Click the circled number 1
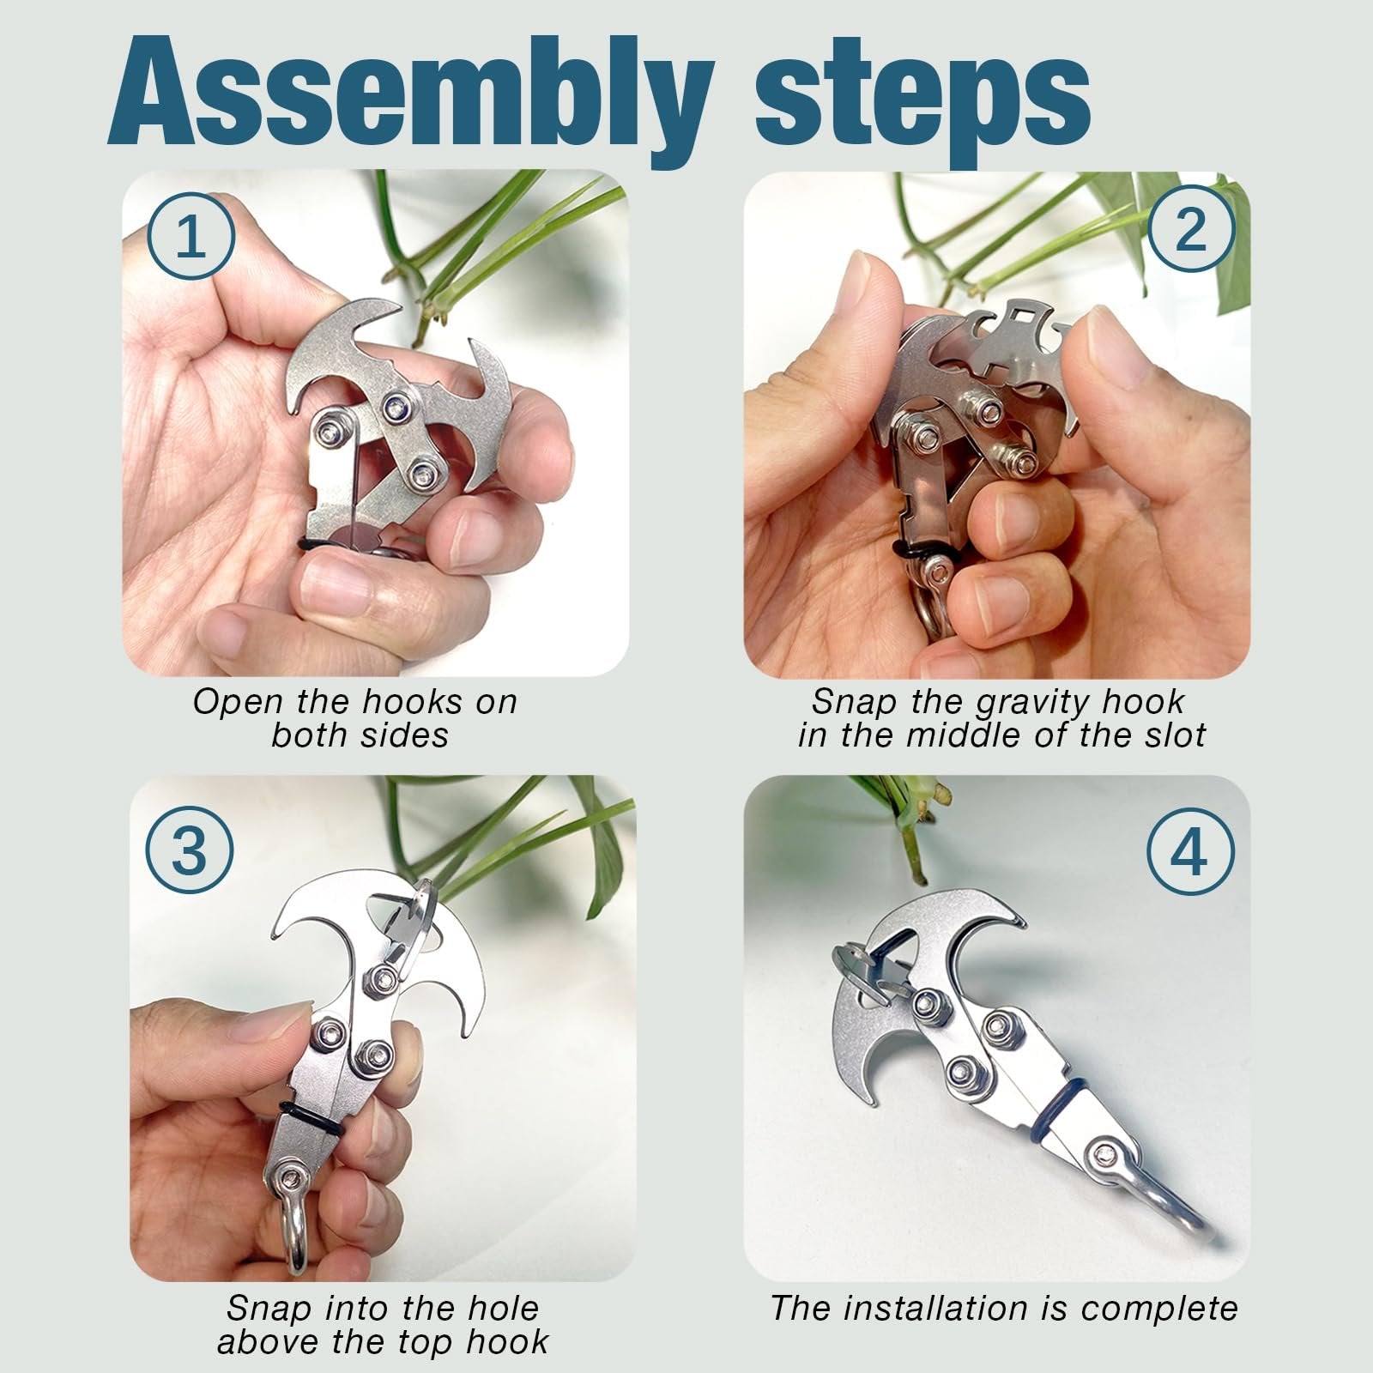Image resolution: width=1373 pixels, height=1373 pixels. (191, 235)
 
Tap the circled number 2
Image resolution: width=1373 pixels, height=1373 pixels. (1191, 229)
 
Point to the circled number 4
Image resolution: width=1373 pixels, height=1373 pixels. (1189, 852)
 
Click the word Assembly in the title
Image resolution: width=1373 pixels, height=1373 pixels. (410, 94)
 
